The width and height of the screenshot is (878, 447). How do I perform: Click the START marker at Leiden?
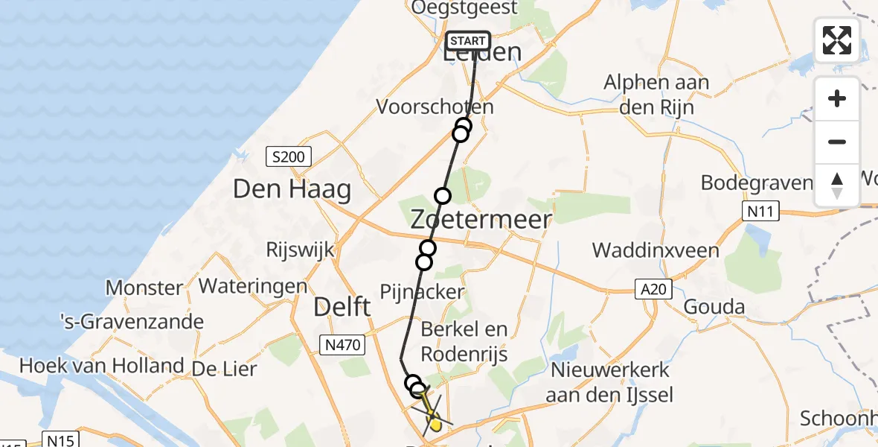tap(467, 41)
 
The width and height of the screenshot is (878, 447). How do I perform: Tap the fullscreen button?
tap(837, 40)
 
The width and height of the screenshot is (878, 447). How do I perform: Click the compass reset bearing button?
tap(837, 186)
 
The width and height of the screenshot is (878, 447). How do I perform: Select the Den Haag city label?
tap(292, 189)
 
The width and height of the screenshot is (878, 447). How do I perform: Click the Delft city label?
tap(342, 305)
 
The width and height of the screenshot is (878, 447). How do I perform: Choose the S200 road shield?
tap(289, 156)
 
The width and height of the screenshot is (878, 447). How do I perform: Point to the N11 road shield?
tap(760, 212)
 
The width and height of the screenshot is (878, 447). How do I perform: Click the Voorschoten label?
tap(435, 107)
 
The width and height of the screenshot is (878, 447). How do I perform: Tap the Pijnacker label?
tap(422, 291)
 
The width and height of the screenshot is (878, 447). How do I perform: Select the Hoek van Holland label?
tap(101, 366)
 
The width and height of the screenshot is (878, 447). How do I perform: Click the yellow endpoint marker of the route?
tap(435, 424)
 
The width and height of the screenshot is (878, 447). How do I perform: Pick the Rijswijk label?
tap(300, 250)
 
